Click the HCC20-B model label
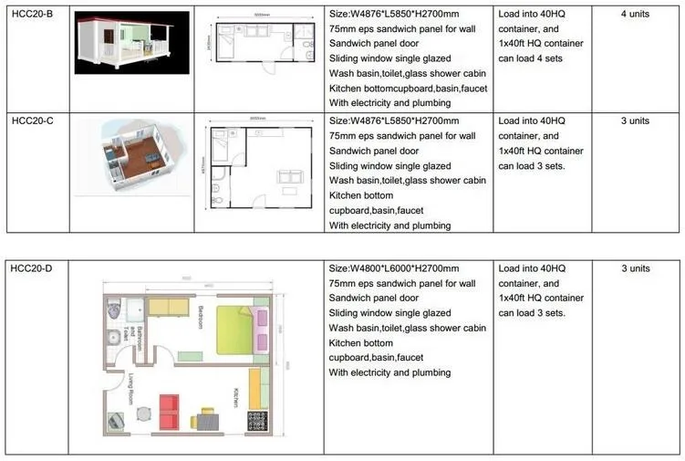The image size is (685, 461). pyautogui.click(x=31, y=15)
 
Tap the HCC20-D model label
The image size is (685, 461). pyautogui.click(x=31, y=268)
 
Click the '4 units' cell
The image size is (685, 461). pyautogui.click(x=635, y=15)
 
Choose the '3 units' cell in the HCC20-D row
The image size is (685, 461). pyautogui.click(x=635, y=268)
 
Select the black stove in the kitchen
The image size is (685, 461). pyautogui.click(x=257, y=421)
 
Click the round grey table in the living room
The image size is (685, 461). pyautogui.click(x=143, y=413)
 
